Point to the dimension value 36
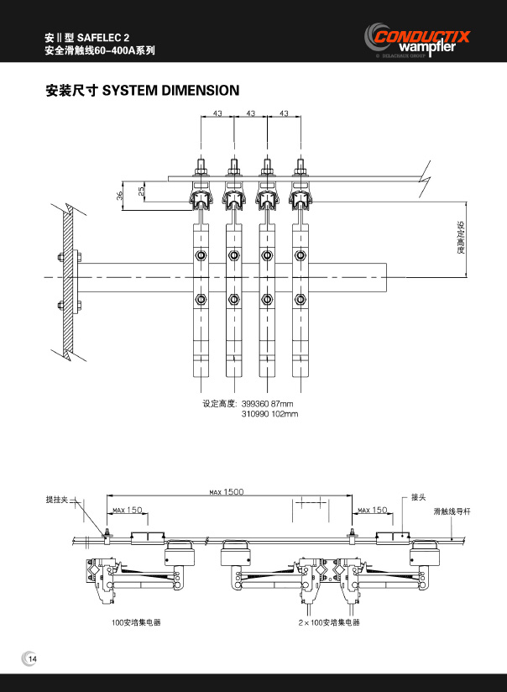click(120, 195)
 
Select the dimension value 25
click(141, 191)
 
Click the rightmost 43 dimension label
click(284, 113)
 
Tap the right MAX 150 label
click(373, 510)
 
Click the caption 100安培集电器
click(136, 623)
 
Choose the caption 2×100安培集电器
click(328, 623)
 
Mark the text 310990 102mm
click(270, 414)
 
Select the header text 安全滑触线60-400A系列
click(100, 51)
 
